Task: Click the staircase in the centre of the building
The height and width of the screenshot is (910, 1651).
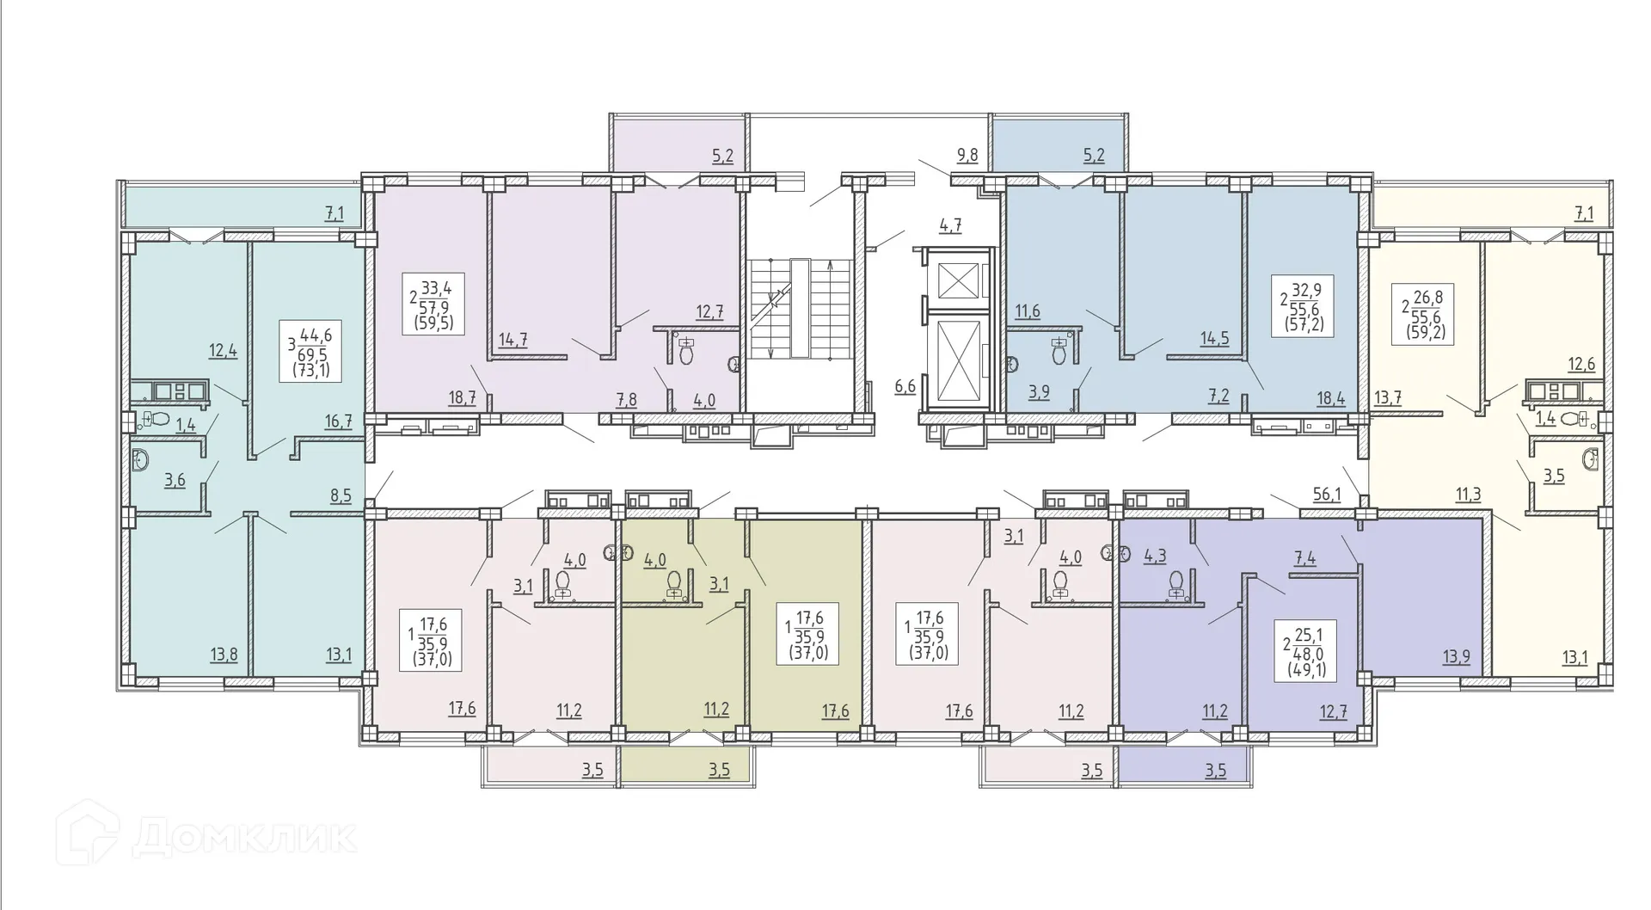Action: (x=800, y=308)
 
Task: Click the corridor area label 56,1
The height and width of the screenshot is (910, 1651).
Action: (x=1327, y=494)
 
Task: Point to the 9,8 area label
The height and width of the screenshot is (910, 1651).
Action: (x=967, y=156)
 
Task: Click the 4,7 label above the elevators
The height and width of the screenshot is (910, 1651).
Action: (x=950, y=225)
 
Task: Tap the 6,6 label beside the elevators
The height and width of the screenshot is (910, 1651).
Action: (x=905, y=387)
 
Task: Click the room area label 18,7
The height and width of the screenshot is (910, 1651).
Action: (x=462, y=397)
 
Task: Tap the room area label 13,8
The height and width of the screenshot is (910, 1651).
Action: (x=224, y=655)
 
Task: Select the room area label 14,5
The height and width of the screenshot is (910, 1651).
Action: (x=1214, y=339)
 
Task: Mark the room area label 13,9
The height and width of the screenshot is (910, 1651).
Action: (x=1456, y=658)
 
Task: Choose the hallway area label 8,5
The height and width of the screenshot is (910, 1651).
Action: (x=341, y=495)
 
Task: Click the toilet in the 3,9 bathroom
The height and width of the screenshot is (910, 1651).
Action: (x=1059, y=351)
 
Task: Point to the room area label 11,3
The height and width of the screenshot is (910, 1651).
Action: (x=1468, y=494)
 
